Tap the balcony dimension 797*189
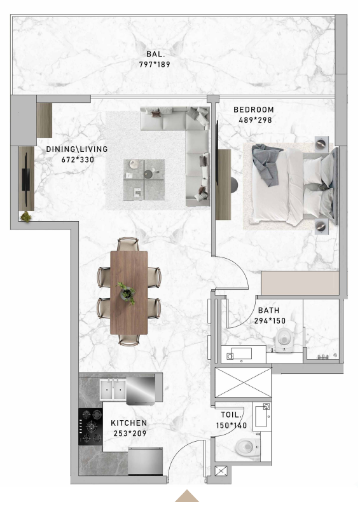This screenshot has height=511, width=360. [x=155, y=65]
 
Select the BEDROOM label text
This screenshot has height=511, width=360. [x=254, y=110]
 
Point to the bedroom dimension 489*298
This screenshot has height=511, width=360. [x=255, y=120]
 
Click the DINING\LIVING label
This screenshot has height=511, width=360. [x=77, y=149]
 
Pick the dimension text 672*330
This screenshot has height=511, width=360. [x=78, y=160]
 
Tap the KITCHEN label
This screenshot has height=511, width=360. [x=129, y=423]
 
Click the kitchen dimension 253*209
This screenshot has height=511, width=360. [x=130, y=433]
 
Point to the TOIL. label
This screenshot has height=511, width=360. [x=231, y=415]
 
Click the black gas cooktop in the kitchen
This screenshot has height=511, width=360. [x=91, y=426]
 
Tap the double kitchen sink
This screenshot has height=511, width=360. [x=113, y=390]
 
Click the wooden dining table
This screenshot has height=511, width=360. [x=129, y=292]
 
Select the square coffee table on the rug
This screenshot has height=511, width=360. [x=144, y=180]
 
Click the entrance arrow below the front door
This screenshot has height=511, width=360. [x=187, y=496]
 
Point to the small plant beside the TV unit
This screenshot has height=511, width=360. [x=26, y=217]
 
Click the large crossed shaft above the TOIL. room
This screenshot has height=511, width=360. [x=243, y=383]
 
